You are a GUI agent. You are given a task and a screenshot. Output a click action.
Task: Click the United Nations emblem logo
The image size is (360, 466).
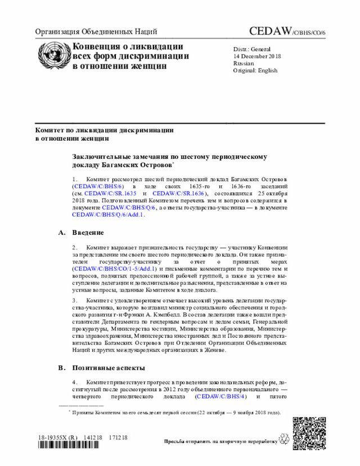click(52, 55)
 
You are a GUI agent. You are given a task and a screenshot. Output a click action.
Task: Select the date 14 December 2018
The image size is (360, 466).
click(258, 56)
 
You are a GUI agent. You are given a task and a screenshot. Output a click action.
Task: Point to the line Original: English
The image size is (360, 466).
click(255, 71)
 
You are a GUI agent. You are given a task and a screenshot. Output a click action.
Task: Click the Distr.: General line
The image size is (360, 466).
click(252, 49)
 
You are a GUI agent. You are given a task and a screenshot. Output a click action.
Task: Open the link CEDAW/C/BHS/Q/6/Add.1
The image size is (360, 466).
click(108, 214)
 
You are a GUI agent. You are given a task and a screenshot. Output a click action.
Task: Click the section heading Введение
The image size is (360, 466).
click(88, 232)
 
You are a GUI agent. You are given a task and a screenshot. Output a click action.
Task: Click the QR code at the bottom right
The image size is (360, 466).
click(309, 432)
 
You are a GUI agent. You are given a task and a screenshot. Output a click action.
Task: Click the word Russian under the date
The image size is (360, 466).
click(243, 64)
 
